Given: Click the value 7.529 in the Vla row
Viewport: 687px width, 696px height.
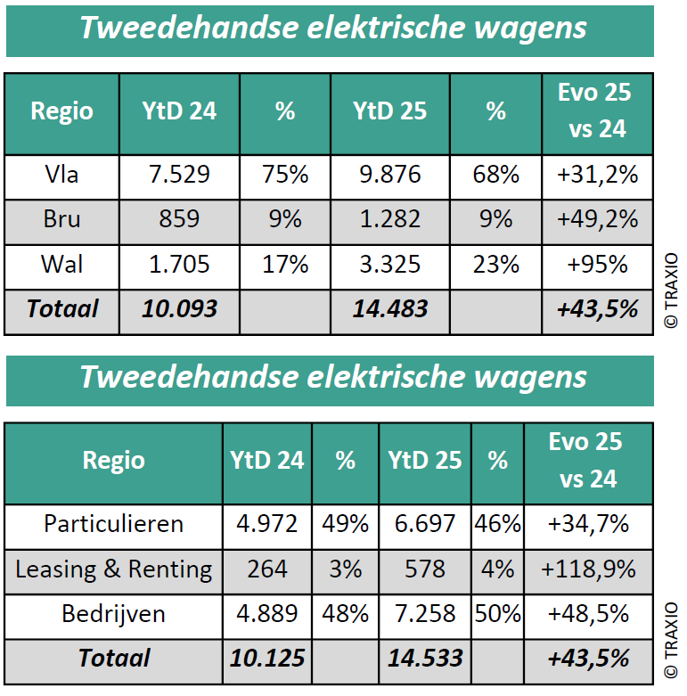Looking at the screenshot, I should (x=179, y=175).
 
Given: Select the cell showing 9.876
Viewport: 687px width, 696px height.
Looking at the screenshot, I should (x=389, y=175).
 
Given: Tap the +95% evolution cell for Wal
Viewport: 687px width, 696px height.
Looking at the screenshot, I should (x=597, y=265).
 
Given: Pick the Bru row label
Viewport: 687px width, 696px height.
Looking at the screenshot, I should (x=61, y=219).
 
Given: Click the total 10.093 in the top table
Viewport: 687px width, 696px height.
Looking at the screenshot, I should (x=179, y=309).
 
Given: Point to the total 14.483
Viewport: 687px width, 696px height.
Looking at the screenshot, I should (x=389, y=309).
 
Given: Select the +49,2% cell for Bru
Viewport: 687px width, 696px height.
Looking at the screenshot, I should (x=597, y=219).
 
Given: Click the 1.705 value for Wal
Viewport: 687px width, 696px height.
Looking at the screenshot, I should (x=179, y=265).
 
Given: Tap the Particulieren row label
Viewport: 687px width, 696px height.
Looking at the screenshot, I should (x=113, y=524).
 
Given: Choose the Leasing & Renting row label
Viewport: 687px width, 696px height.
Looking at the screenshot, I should (x=113, y=569).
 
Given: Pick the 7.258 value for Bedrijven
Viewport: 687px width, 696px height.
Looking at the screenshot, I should (x=424, y=614).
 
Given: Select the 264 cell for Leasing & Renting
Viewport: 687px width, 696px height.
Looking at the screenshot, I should (x=266, y=569).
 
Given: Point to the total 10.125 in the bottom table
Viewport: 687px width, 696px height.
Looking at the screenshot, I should (x=266, y=659).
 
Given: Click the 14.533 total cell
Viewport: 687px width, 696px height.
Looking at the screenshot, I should (x=424, y=659).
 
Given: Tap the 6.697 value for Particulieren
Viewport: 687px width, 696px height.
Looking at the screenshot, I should (x=424, y=524).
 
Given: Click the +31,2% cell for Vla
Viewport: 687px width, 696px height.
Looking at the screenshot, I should (x=597, y=175).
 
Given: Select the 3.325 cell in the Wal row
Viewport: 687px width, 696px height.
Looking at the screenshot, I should (x=389, y=265).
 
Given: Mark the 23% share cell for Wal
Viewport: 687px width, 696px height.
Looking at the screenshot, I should (x=495, y=265).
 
